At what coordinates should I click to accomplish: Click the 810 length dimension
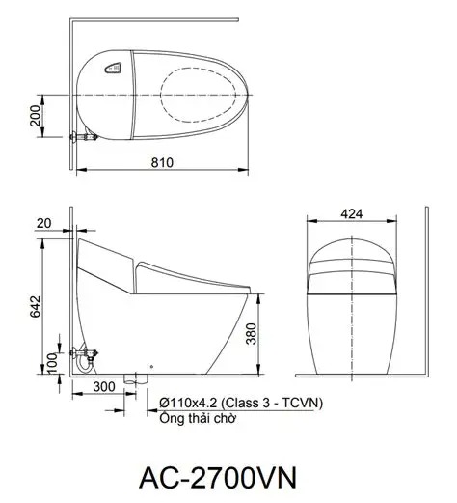pyautogui.click(x=162, y=163)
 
